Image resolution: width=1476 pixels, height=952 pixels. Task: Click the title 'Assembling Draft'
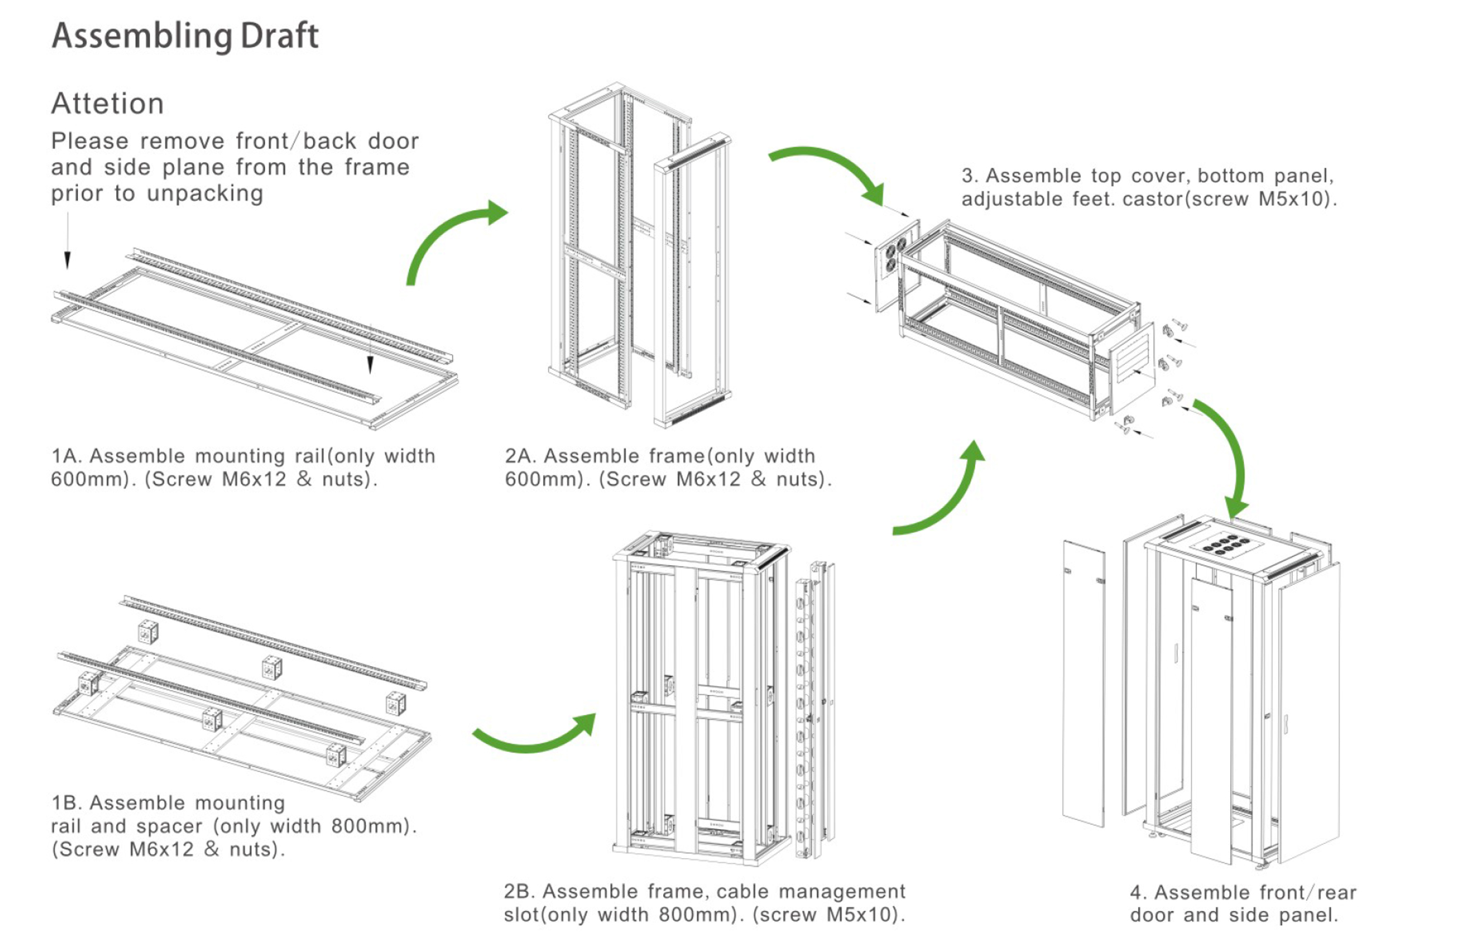click(185, 36)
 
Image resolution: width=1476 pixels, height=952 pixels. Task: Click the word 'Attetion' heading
click(107, 103)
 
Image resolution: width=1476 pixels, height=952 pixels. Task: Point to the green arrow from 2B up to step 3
click(945, 495)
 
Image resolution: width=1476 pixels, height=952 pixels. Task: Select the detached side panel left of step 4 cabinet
click(1083, 683)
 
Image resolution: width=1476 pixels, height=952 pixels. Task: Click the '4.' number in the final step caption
click(1137, 893)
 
